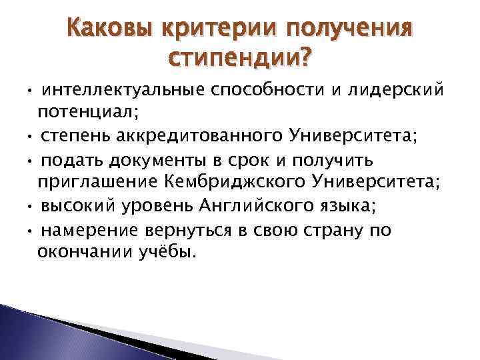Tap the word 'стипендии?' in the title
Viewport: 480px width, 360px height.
point(240,61)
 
